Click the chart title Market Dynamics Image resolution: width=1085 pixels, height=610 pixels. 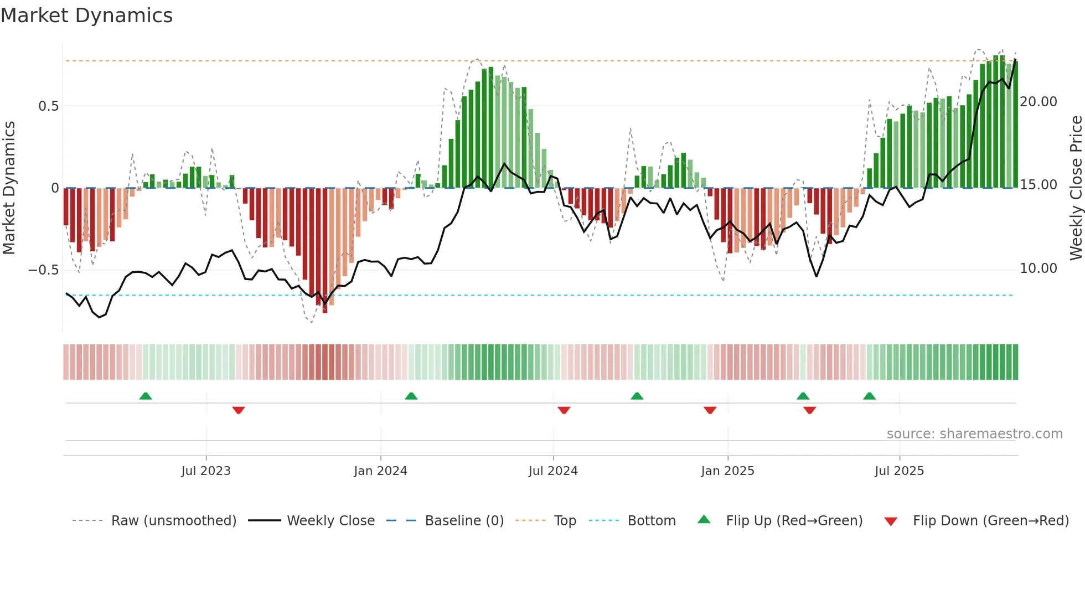[x=86, y=15]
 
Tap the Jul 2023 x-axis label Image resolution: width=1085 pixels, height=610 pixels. [x=206, y=471]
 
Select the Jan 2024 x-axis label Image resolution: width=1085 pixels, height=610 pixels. [x=380, y=471]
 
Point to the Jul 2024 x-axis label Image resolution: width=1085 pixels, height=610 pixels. [x=553, y=471]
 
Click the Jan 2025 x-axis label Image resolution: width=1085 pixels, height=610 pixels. [x=727, y=471]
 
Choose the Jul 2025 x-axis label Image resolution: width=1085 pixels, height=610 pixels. [x=900, y=471]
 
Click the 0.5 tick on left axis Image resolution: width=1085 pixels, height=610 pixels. [x=48, y=106]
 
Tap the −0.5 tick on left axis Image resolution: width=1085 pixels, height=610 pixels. [x=43, y=270]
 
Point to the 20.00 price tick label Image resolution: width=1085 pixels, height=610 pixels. [x=1038, y=102]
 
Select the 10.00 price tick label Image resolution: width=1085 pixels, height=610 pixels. [x=1038, y=268]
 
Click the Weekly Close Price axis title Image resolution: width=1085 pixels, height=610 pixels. [x=1076, y=188]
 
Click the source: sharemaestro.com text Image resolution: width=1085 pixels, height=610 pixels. [x=974, y=434]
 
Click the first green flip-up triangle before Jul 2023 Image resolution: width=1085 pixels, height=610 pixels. [x=146, y=396]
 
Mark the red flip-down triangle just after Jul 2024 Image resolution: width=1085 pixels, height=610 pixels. [x=564, y=410]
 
